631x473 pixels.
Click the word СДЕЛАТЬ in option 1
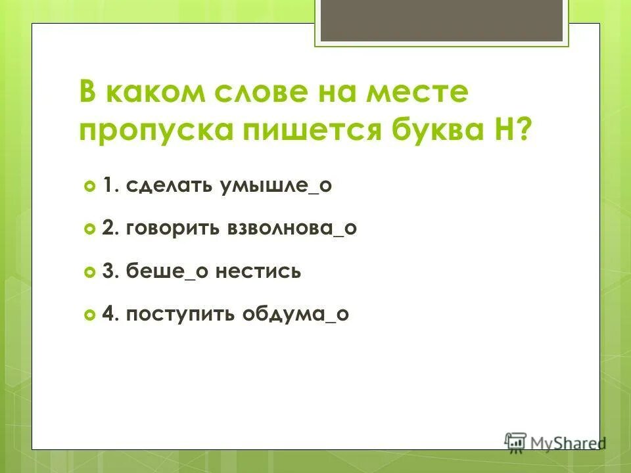(165, 187)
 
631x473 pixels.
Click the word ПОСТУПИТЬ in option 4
(172, 314)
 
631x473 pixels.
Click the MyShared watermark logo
(554, 442)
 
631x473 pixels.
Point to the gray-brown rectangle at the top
(442, 20)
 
